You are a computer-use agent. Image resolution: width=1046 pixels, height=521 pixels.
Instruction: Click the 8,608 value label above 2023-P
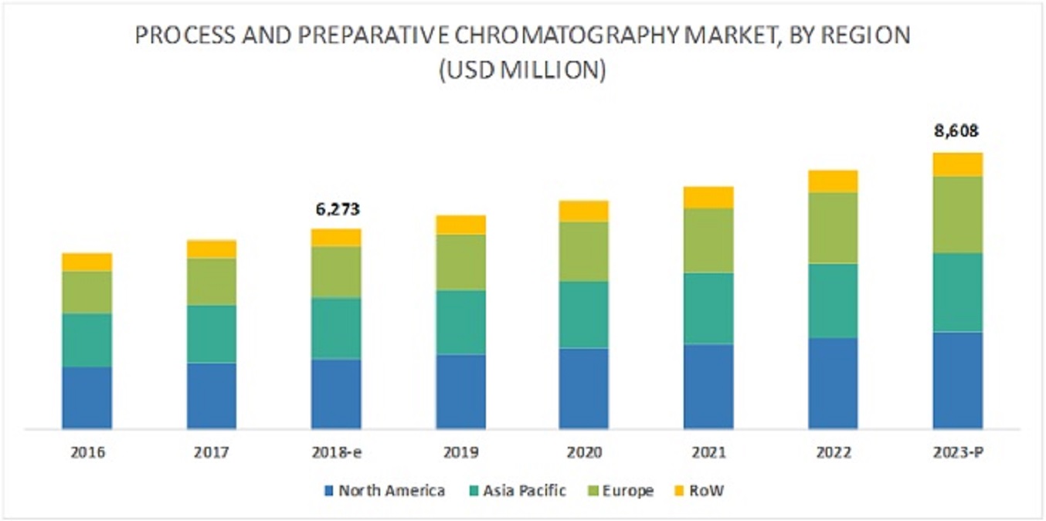957,131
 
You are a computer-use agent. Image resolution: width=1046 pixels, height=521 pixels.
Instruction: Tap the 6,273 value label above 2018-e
336,209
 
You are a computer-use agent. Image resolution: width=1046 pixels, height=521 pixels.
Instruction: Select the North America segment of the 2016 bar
87,397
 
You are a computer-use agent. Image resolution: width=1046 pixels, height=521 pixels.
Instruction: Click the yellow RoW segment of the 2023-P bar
957,164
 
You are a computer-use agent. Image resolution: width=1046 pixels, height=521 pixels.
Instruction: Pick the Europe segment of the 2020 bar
584,252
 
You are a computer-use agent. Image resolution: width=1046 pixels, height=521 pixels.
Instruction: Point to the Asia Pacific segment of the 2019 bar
460,322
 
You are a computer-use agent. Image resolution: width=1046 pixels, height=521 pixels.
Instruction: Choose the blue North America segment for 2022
833,383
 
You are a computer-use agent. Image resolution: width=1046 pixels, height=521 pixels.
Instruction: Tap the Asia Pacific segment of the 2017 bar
212,333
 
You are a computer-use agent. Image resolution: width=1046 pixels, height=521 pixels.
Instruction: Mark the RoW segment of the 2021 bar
708,198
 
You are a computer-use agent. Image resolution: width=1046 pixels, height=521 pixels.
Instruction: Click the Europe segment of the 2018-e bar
336,272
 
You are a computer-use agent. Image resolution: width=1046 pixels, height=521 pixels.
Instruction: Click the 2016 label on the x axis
87,452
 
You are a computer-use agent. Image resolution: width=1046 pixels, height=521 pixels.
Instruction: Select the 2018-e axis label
336,452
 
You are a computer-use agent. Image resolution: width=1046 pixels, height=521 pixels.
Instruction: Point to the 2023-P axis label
957,452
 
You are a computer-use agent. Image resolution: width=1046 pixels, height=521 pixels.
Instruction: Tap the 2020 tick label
584,452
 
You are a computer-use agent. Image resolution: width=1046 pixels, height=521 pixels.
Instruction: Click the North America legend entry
383,491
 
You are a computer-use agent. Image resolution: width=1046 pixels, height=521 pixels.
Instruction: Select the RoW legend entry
699,491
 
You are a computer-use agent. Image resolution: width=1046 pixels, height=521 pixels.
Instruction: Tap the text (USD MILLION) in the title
522,71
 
